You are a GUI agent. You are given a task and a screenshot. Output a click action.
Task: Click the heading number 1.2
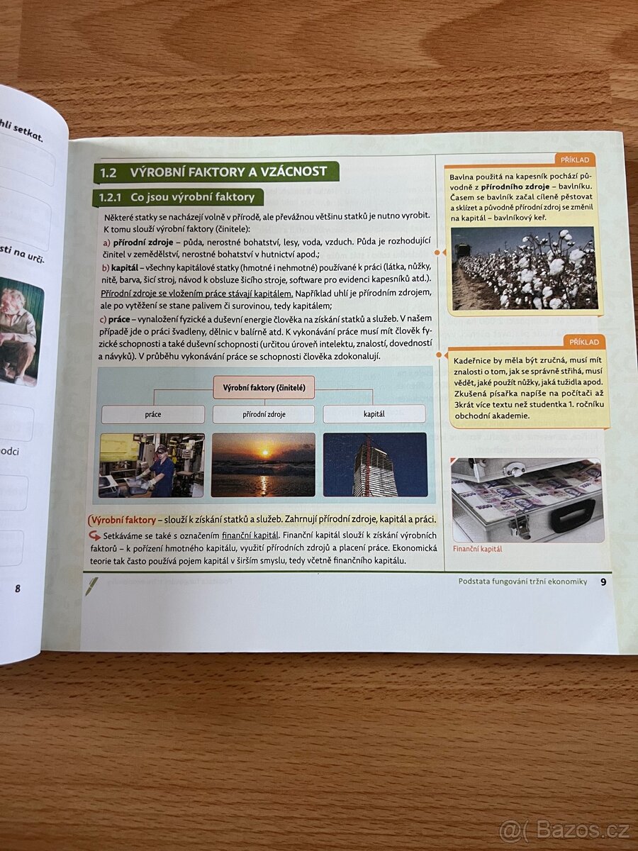(x=108, y=172)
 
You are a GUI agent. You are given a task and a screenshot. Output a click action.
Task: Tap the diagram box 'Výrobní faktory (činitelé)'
(x=264, y=388)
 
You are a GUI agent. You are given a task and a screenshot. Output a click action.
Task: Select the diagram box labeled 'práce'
(x=153, y=414)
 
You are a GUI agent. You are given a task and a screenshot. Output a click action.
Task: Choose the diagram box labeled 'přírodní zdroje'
(x=264, y=414)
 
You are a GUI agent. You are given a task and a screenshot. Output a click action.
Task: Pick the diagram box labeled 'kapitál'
(x=374, y=413)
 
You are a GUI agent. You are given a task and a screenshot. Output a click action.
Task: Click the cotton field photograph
(x=523, y=268)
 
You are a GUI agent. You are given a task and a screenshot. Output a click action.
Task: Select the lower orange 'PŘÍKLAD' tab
(x=583, y=342)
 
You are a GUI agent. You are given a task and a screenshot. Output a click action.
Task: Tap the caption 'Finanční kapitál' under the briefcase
(x=477, y=549)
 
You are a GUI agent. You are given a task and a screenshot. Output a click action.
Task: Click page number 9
(x=603, y=582)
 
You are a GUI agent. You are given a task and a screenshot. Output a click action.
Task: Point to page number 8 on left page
(x=18, y=588)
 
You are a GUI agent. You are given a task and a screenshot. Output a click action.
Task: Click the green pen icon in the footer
(x=92, y=586)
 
